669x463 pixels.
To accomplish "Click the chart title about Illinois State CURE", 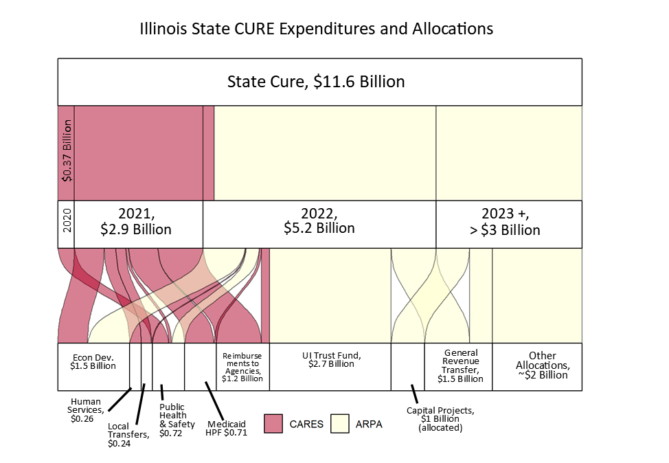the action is pyautogui.click(x=317, y=29).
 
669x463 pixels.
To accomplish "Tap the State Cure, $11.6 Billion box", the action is pyautogui.click(x=319, y=82).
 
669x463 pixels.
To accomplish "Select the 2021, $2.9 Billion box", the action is pyautogui.click(x=138, y=225).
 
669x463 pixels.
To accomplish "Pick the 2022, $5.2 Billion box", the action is pyautogui.click(x=319, y=225).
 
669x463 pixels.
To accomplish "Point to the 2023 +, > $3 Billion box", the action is pyautogui.click(x=509, y=225).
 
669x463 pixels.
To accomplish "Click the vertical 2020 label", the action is pyautogui.click(x=67, y=221).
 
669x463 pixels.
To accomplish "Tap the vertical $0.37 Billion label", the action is pyautogui.click(x=67, y=150).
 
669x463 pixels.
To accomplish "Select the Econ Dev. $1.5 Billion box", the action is pyautogui.click(x=93, y=367).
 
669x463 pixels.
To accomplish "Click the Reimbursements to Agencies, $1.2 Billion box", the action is pyautogui.click(x=242, y=367).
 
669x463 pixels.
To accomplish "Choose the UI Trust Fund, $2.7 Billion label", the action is pyautogui.click(x=332, y=360).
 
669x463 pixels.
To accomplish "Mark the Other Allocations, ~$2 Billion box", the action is pyautogui.click(x=537, y=367).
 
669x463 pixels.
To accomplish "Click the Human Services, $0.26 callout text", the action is pyautogui.click(x=85, y=410).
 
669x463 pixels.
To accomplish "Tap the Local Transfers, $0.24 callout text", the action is pyautogui.click(x=128, y=435).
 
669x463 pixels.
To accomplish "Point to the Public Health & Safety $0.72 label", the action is pyautogui.click(x=177, y=420).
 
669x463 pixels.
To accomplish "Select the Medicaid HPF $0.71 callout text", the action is pyautogui.click(x=226, y=429).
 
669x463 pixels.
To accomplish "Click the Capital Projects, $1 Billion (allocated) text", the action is pyautogui.click(x=440, y=419).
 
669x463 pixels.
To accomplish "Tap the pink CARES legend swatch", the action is pyautogui.click(x=273, y=424).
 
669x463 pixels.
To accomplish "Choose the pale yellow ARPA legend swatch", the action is pyautogui.click(x=339, y=424).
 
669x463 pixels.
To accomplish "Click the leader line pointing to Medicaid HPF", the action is pyautogui.click(x=214, y=400).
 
